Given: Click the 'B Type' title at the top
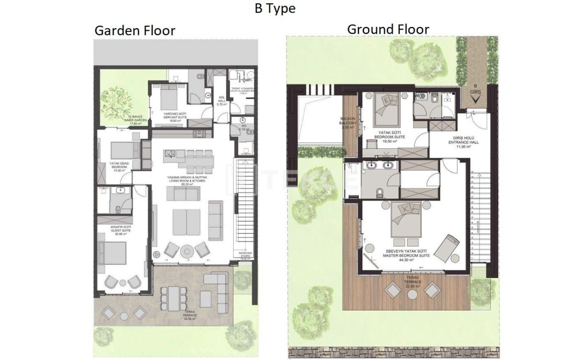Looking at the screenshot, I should click(275, 9).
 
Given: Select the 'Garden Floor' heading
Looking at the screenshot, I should click(135, 31).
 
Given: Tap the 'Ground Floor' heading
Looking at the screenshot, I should click(388, 29).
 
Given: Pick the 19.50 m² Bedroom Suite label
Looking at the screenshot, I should click(386, 136).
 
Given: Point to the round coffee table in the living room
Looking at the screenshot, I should click(187, 251).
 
